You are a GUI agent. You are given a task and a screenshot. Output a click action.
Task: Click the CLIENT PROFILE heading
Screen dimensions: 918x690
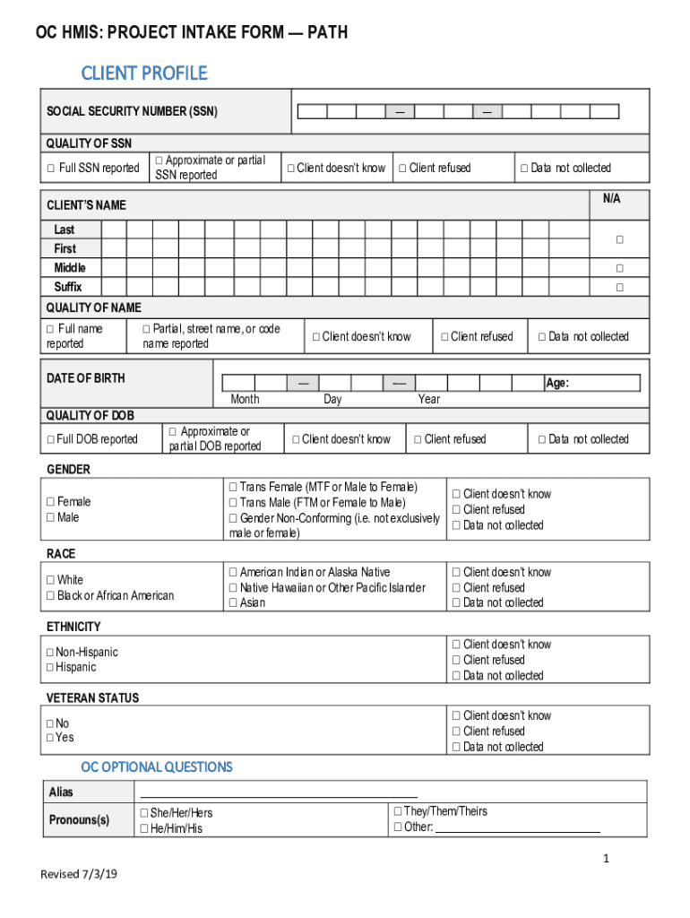click(144, 73)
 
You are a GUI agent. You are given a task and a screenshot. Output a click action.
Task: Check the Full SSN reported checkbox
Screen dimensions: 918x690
click(50, 169)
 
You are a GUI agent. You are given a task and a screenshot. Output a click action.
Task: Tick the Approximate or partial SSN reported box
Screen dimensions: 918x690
click(160, 160)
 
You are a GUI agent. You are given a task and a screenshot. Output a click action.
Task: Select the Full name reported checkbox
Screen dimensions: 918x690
click(50, 329)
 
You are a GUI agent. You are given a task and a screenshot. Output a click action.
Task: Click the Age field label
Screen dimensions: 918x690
click(557, 383)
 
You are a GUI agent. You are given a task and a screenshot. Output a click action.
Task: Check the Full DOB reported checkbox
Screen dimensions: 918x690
click(50, 439)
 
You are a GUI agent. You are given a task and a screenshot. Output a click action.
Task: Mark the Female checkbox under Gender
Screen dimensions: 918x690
click(50, 502)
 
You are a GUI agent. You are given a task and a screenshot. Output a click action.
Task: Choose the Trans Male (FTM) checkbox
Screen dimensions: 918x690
click(233, 503)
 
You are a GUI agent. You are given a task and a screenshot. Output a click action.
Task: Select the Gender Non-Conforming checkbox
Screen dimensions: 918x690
click(233, 518)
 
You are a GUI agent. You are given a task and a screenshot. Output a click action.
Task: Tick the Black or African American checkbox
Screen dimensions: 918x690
click(50, 596)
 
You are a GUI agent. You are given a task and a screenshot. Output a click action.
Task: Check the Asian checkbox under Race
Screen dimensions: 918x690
click(233, 603)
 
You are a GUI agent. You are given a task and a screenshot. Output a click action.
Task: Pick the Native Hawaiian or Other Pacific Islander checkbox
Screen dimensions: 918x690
click(233, 588)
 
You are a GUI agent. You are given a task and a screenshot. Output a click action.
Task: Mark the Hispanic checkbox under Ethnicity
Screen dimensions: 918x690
click(50, 668)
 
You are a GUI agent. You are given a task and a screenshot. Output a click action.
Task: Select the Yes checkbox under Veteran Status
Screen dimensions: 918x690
click(50, 738)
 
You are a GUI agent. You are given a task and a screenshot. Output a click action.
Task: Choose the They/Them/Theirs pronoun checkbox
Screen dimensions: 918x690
click(397, 811)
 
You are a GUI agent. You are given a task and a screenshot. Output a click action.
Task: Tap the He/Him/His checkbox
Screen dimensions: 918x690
click(143, 829)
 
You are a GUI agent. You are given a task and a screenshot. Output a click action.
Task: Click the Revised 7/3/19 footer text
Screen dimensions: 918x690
click(78, 875)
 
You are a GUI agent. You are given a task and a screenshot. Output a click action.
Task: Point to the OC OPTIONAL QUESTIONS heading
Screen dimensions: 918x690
click(157, 767)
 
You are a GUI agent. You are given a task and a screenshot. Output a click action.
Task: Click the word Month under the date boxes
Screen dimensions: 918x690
click(245, 399)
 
